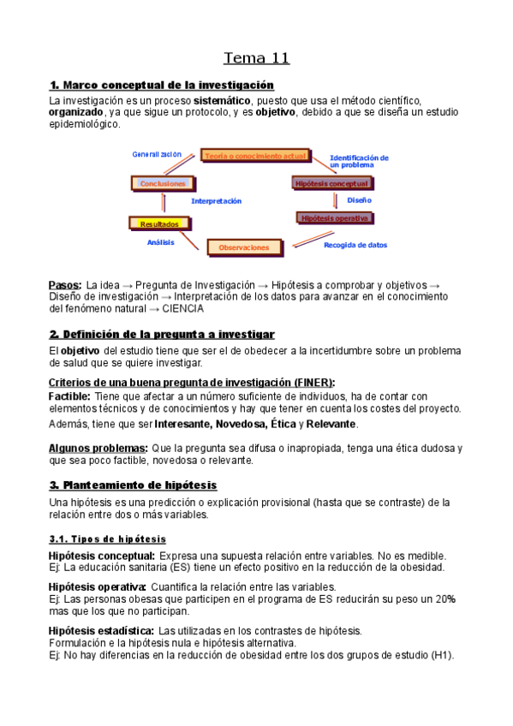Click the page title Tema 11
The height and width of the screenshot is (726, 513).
[256, 58]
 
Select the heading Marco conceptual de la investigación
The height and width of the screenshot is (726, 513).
[162, 85]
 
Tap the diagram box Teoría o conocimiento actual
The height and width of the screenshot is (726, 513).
[254, 156]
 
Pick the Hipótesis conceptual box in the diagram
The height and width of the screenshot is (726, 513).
[331, 183]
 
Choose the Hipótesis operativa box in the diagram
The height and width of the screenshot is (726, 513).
[334, 218]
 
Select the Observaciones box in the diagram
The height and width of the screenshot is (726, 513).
[243, 247]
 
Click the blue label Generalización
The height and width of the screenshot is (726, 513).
[157, 154]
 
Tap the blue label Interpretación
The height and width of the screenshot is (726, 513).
[216, 201]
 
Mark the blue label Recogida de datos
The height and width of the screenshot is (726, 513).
[355, 245]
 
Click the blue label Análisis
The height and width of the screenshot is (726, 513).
[160, 242]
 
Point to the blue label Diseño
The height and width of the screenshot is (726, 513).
[359, 199]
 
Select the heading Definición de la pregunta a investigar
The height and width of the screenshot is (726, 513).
[162, 333]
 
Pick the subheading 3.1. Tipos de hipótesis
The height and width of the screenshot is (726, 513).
[107, 539]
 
